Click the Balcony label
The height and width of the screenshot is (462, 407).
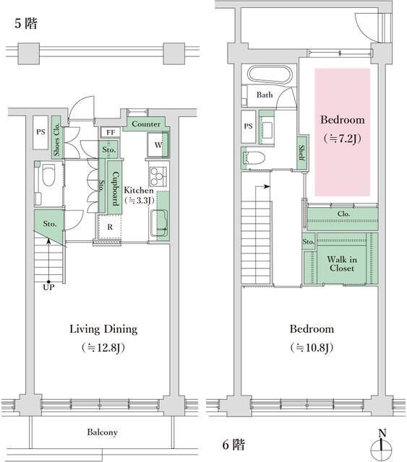(102, 432)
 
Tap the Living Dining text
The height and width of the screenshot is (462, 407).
(103, 329)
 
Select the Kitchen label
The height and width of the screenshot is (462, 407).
(139, 190)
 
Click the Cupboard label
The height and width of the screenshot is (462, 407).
(115, 188)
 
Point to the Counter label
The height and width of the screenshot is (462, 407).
(146, 124)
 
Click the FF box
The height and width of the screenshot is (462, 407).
(111, 132)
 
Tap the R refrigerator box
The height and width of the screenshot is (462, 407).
(110, 227)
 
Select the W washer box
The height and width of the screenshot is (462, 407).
(158, 145)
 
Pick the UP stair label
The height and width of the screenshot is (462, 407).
(48, 287)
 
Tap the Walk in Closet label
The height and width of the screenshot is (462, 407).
(342, 263)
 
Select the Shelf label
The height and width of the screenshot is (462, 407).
(301, 152)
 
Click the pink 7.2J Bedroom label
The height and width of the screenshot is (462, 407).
(343, 128)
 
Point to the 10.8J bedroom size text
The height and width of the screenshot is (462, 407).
(312, 348)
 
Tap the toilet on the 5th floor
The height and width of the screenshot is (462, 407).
(48, 175)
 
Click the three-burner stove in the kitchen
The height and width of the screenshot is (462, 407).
(158, 176)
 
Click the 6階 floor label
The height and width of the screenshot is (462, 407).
(234, 445)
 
